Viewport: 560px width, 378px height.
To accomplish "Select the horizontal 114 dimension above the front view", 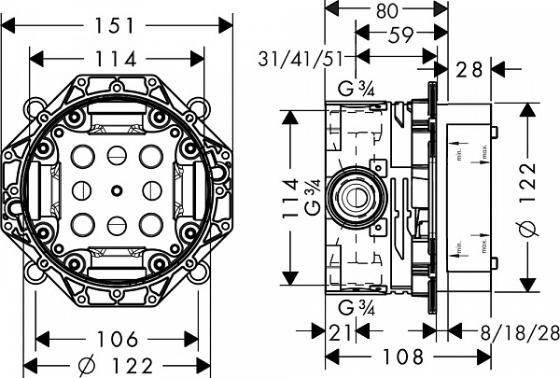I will point(118,58).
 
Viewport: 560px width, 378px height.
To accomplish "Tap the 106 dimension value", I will point(118,338).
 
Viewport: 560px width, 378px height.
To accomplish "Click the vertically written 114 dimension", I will point(290,199).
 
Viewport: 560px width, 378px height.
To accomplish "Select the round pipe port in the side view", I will point(357,197).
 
